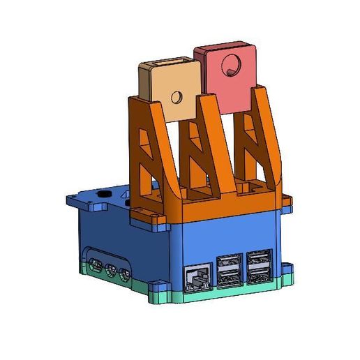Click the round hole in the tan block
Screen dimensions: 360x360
(178, 96)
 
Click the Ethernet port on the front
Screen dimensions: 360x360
(197, 277)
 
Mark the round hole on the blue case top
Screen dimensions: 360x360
(106, 195)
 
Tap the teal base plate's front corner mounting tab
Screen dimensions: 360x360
(158, 287)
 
